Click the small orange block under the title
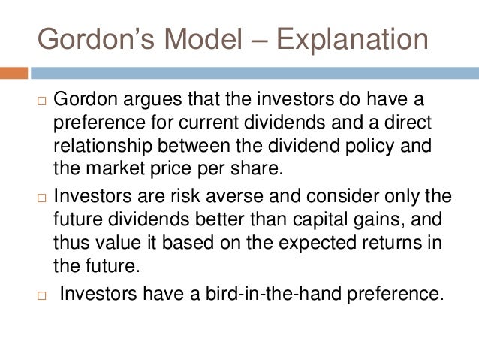point(14,74)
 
